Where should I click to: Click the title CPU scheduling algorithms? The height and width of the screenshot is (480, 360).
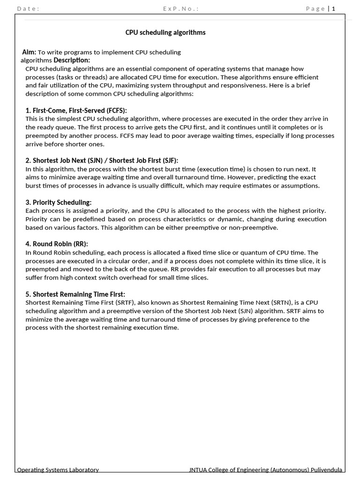165,32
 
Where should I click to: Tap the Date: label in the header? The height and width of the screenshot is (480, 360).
28,8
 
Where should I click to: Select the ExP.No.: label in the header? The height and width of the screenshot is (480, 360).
180,8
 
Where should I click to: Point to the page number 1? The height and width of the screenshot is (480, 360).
334,8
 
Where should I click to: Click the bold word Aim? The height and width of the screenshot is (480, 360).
29,52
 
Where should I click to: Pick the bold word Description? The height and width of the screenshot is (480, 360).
72,60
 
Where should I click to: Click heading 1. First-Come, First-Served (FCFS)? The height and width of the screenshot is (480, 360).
76,111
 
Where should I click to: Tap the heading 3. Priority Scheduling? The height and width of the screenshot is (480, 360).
59,202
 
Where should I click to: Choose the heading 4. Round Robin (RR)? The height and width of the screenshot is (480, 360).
57,244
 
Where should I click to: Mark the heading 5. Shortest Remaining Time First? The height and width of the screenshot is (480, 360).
75,294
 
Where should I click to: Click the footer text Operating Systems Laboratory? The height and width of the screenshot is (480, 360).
58,470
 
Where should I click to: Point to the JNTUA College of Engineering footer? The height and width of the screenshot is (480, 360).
265,470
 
